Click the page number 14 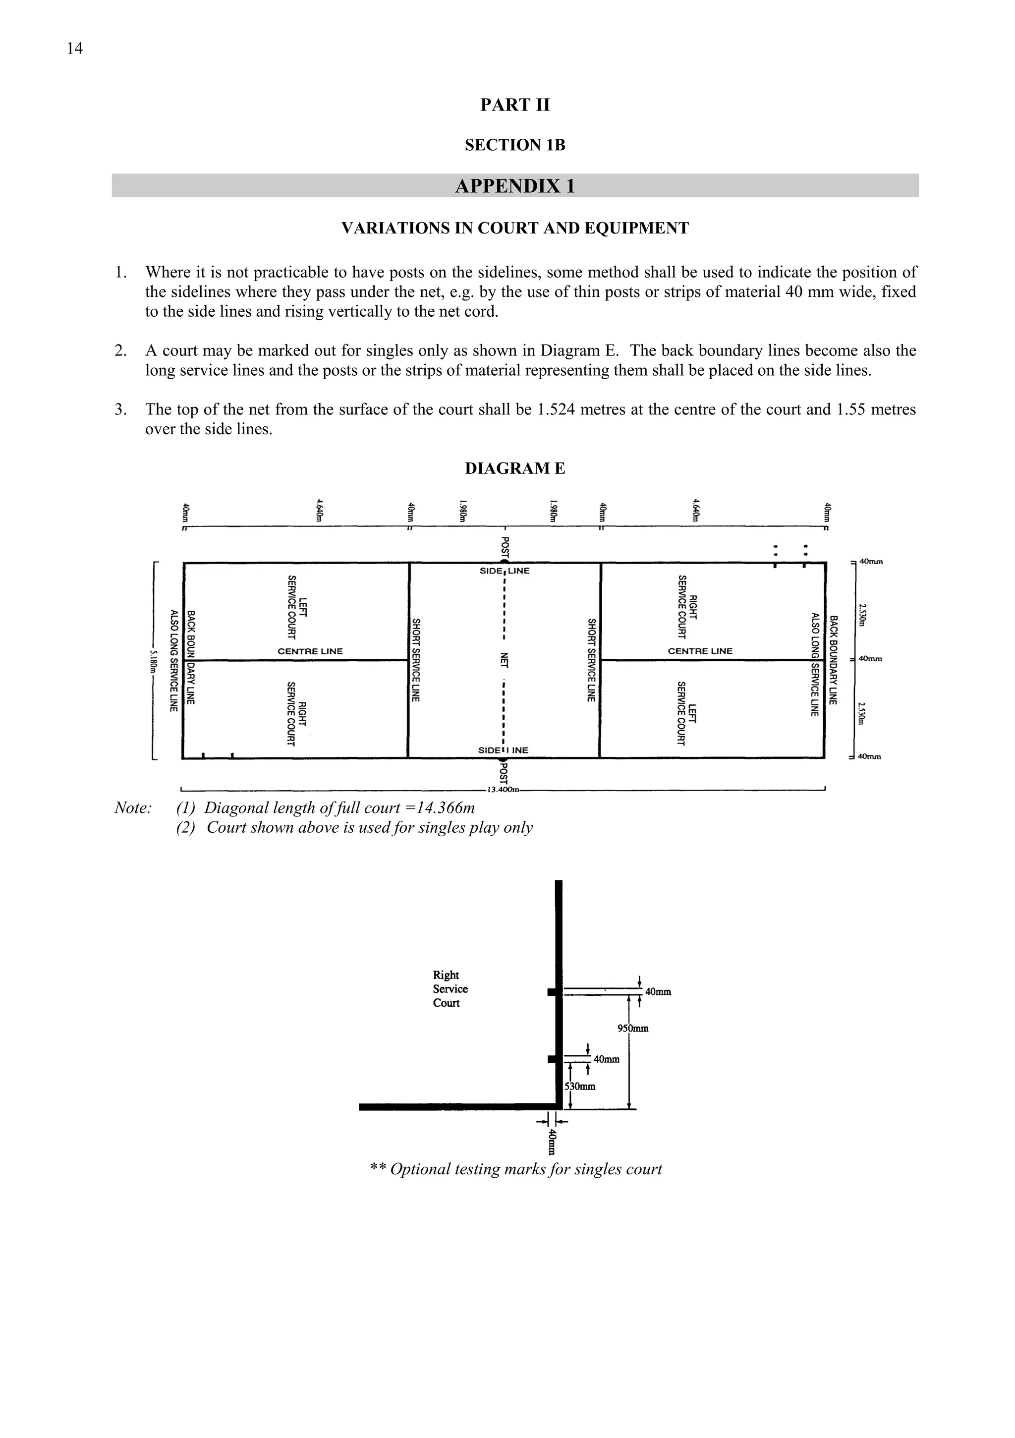pos(74,48)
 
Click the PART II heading pos(515,105)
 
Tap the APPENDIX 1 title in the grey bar pos(515,186)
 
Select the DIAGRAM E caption pos(515,468)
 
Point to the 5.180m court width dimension pos(153,661)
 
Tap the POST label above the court pos(505,547)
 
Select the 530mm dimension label pos(580,1086)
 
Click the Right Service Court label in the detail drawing pos(450,989)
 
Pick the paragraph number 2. pos(121,351)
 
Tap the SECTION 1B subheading pos(515,145)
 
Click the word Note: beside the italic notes pos(133,808)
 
